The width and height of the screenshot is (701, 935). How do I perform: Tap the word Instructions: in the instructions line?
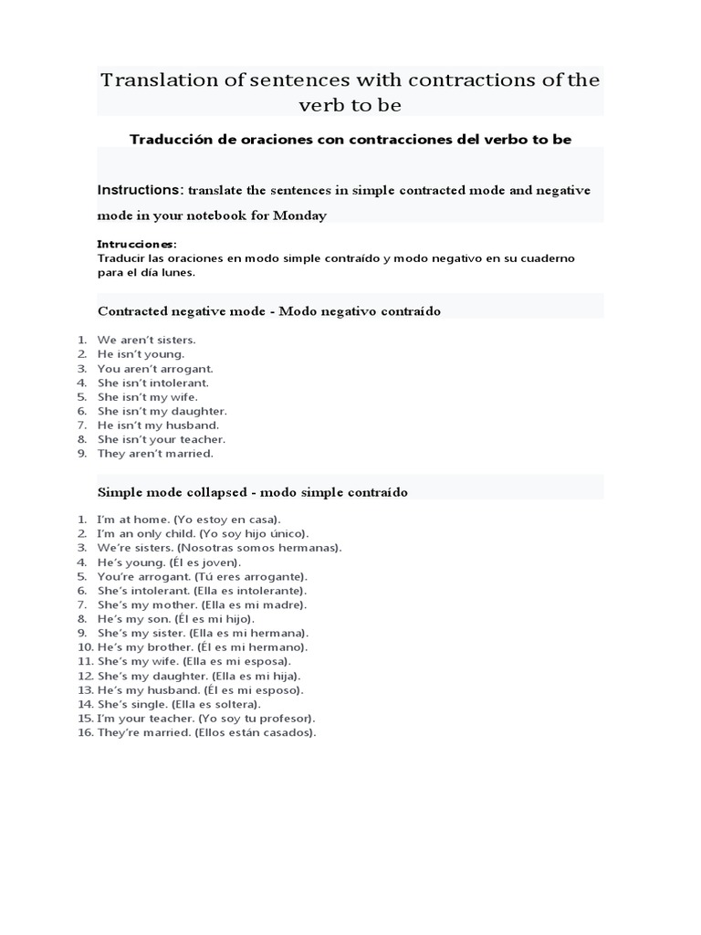coord(141,190)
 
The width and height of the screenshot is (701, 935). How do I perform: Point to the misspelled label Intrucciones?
coord(137,245)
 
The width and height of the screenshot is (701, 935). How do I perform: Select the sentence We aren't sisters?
coord(146,340)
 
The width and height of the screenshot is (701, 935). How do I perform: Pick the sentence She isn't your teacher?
coord(161,439)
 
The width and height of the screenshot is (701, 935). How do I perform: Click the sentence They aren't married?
coord(155,453)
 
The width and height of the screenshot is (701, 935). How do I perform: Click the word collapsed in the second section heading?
coord(216,492)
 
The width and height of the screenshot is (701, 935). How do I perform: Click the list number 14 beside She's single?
coord(85,704)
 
